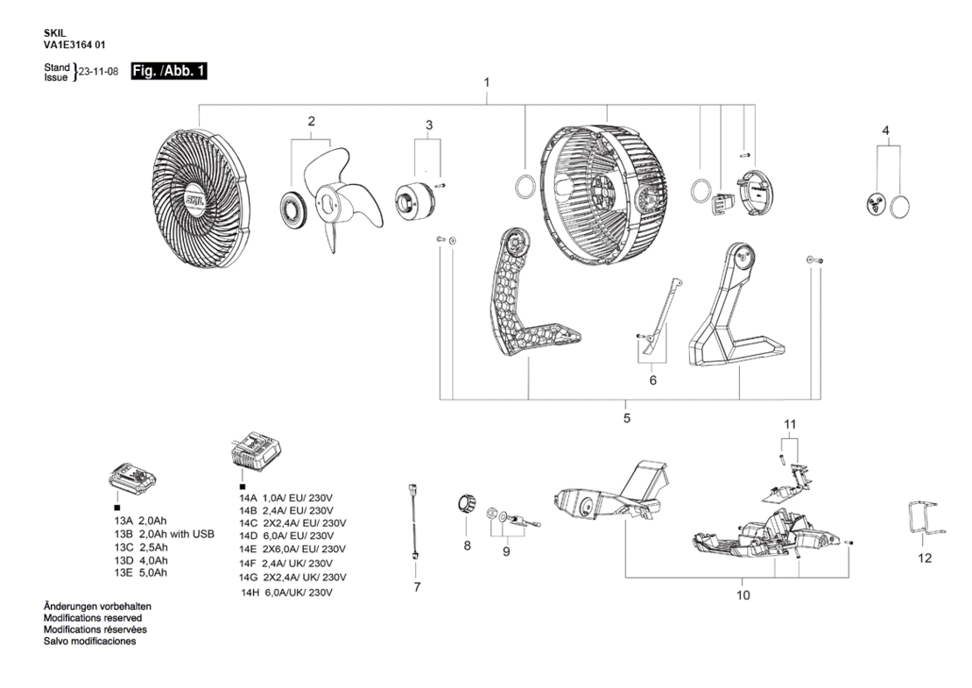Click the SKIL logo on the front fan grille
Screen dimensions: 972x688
[198, 201]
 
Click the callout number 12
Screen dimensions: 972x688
[924, 558]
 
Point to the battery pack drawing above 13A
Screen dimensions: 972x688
[132, 479]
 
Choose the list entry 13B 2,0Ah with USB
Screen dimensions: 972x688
[165, 534]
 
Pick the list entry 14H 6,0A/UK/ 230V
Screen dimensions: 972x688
[286, 592]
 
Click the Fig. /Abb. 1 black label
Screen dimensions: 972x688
[169, 71]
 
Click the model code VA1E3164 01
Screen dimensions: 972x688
[74, 45]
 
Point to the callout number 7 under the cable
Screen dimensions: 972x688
[417, 587]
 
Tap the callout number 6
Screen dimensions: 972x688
[652, 380]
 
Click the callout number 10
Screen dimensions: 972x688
[743, 596]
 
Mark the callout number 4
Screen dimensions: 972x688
[886, 131]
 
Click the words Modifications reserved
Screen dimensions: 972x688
[92, 618]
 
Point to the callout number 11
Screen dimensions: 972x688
[790, 424]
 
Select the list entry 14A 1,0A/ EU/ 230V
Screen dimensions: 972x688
[286, 498]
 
